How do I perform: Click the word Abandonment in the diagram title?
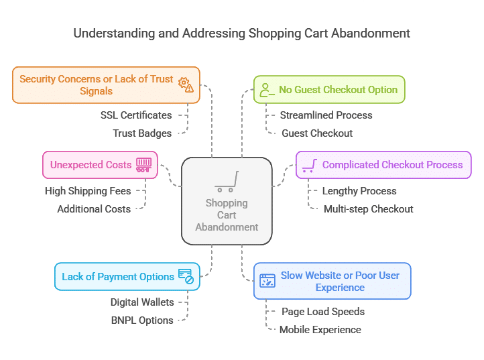point(371,34)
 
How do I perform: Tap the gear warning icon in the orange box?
point(186,84)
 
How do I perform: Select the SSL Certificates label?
point(136,115)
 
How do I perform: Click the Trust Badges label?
point(142,133)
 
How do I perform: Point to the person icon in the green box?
point(267,90)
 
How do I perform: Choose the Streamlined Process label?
point(326,115)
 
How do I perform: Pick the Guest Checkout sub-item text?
point(317,133)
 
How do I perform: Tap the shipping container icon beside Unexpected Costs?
point(144,165)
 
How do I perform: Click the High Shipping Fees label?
point(88,191)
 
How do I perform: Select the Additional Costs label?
point(94,209)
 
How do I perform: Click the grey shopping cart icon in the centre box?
point(227,182)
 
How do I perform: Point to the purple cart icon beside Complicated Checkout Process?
point(310,165)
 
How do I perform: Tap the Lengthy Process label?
point(359,191)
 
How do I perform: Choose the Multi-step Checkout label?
point(368,209)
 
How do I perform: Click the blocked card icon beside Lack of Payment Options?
point(186,276)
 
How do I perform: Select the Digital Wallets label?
point(142,302)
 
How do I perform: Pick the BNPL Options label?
point(142,320)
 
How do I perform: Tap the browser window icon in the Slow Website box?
point(267,281)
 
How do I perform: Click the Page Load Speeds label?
point(323,312)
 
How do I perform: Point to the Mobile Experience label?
point(320,330)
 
